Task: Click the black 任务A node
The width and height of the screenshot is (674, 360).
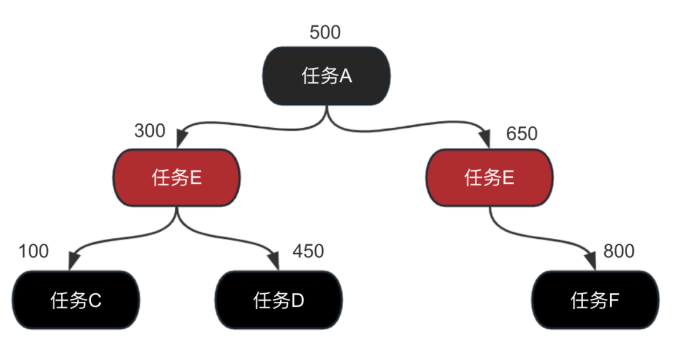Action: coord(327,75)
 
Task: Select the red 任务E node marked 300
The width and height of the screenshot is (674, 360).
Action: coord(177,178)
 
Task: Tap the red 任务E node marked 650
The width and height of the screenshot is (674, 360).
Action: coord(489,178)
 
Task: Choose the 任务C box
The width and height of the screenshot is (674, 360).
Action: coord(76,301)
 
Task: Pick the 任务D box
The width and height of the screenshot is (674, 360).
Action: coord(278,301)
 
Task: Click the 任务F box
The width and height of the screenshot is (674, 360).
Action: coord(595,301)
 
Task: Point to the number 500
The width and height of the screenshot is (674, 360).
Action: coord(325,32)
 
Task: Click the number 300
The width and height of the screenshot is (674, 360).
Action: coord(150,131)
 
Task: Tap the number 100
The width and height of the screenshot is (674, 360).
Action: coord(34,251)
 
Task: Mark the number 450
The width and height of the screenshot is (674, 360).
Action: coord(308,251)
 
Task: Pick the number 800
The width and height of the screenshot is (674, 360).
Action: coord(618,251)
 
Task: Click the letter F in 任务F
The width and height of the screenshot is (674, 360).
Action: coord(613,301)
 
